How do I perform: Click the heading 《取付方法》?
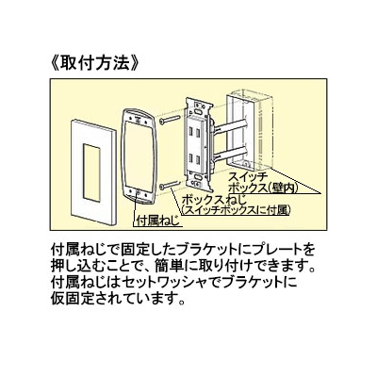(x=94, y=63)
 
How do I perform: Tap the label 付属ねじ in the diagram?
(x=158, y=220)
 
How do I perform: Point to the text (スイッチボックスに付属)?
(x=235, y=210)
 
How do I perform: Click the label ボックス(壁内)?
(x=263, y=188)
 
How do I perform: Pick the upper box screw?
(x=170, y=120)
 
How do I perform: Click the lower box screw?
(x=170, y=185)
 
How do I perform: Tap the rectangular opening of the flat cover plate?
(x=91, y=172)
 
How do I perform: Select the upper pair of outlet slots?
(x=193, y=133)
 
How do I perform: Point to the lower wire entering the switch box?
(x=230, y=151)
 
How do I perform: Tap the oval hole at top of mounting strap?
(x=198, y=111)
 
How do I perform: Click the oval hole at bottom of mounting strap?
(x=198, y=177)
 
